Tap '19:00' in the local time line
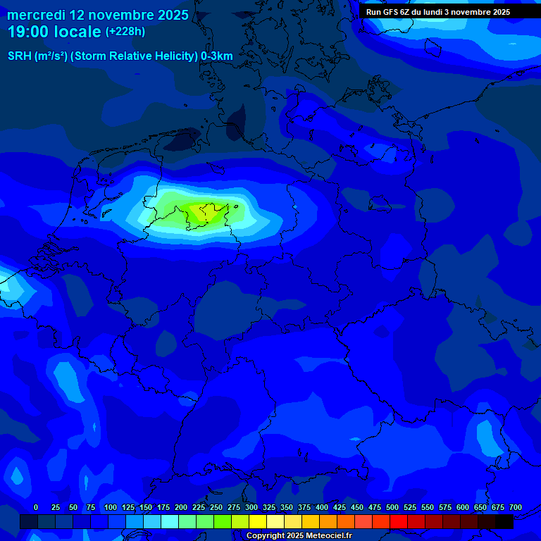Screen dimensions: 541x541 pos(28,32)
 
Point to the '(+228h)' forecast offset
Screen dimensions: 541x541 pos(125,31)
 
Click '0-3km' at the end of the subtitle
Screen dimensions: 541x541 pos(217,56)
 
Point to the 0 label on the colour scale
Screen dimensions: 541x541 pos(36,507)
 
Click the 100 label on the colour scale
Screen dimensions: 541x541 pos(111,507)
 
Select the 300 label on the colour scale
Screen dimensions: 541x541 pos(251,507)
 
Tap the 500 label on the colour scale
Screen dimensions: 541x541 pos(392,507)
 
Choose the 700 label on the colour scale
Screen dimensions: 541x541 pos(516,507)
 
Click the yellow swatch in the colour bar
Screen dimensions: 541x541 pos(258,521)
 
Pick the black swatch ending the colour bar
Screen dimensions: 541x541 pos(504,521)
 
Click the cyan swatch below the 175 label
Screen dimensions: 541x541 pos(170,521)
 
